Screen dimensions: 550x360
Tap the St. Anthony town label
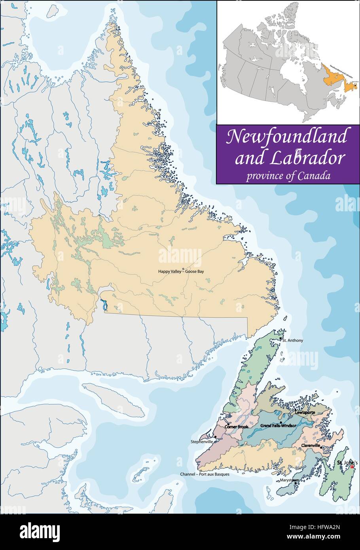(x=294, y=340)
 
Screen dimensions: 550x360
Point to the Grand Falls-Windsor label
(x=278, y=425)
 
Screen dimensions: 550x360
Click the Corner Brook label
(x=236, y=427)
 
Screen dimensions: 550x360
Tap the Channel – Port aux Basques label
(x=205, y=474)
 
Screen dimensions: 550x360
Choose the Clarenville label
(x=311, y=446)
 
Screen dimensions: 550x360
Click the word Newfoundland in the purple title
(x=286, y=137)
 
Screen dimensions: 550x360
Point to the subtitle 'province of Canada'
(x=288, y=176)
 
